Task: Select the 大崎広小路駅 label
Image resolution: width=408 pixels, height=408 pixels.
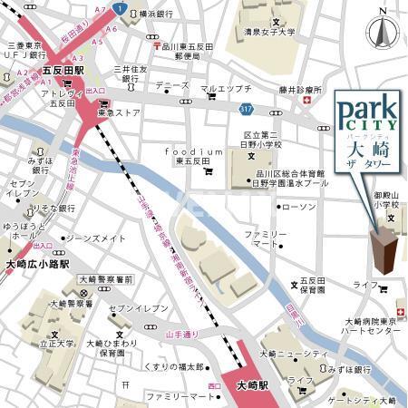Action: click(33, 263)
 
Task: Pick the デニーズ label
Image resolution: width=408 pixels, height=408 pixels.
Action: click(171, 85)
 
